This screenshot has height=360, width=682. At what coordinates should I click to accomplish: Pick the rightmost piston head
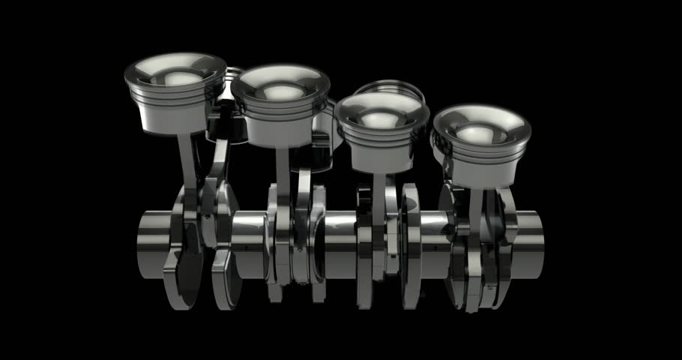(482, 142)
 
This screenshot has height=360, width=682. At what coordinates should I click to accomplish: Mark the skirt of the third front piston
(381, 154)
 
